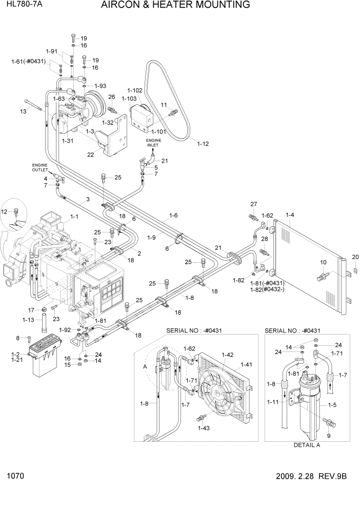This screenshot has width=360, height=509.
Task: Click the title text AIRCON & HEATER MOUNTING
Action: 175,6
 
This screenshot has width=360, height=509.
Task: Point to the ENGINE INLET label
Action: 153,143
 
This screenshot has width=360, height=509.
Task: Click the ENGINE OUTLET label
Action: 39,167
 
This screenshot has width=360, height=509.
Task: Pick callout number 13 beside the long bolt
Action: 23,111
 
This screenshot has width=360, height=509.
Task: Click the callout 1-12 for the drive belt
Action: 203,144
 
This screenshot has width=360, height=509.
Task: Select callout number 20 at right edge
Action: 355,257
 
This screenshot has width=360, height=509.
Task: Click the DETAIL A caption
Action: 307,445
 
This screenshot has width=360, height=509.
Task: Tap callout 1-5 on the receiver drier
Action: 332,405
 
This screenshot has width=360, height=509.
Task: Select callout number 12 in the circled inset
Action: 5,211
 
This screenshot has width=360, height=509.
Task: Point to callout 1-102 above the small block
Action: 135,90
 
